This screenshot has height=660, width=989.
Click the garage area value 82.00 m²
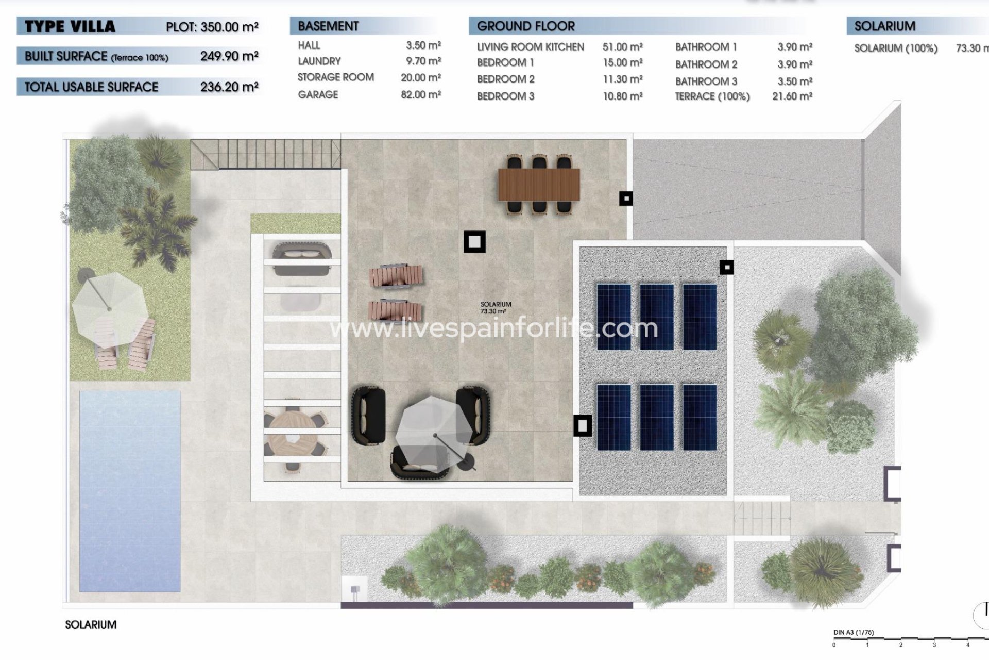click(420, 94)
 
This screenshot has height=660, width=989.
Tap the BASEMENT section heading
click(328, 26)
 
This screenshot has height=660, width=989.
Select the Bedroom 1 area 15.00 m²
click(622, 62)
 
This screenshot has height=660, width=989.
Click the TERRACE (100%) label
click(712, 96)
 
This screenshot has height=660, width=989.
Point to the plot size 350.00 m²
click(212, 27)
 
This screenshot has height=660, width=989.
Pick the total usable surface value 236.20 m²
click(229, 87)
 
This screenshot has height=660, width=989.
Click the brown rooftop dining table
click(539, 184)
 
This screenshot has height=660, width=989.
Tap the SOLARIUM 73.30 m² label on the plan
click(495, 308)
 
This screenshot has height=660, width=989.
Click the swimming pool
click(129, 490)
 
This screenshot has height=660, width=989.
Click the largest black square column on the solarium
click(474, 242)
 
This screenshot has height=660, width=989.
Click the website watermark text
click(493, 328)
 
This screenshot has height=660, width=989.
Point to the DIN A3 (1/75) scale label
click(854, 632)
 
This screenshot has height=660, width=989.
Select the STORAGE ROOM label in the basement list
click(335, 77)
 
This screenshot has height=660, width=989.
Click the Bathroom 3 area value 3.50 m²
click(794, 81)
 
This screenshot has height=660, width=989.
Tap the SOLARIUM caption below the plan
click(91, 624)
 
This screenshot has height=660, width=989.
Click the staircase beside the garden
click(265, 154)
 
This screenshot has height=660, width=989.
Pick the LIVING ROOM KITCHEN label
click(530, 47)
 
